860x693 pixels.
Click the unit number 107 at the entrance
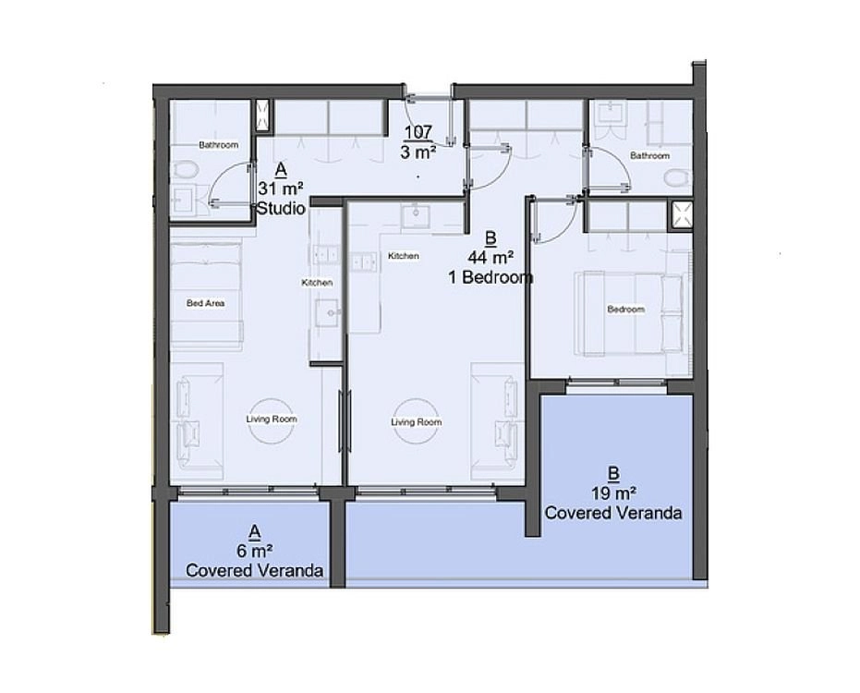point(418,132)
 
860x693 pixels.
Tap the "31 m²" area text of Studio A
point(281,188)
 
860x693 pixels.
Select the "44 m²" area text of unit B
point(491,257)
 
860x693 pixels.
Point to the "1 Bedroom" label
point(491,277)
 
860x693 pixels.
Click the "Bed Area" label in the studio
point(205,303)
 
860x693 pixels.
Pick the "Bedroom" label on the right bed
point(625,310)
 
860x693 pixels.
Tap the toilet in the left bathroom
point(184,169)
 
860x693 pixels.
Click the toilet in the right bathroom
point(678,178)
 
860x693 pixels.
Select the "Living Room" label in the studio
point(272,419)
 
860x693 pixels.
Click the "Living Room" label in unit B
point(417,422)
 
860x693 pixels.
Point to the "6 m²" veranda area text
point(255,551)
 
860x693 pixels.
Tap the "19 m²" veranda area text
point(613,493)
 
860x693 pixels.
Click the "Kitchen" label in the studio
point(317,283)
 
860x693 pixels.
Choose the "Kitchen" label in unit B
point(404,256)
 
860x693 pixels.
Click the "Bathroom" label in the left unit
point(218,145)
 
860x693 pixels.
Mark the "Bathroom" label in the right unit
point(650,156)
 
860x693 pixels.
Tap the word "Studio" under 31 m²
point(281,209)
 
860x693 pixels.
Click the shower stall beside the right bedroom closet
point(680,215)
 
